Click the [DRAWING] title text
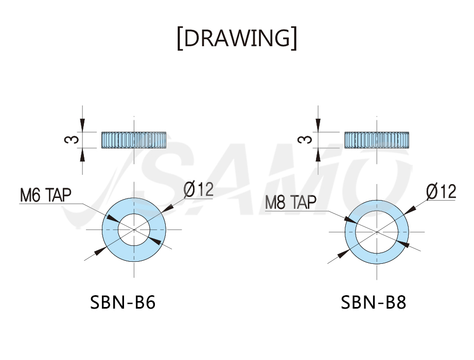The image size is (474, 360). coord(237,38)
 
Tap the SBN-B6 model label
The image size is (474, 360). coord(122,302)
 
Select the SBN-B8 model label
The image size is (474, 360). coord(373,302)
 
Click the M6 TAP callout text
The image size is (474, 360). coord(46,195)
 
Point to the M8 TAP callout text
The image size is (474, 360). coord(291,202)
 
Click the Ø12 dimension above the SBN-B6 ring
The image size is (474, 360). coord(198,190)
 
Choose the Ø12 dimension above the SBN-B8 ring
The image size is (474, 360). coord(441,191)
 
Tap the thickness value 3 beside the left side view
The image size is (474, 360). coord(72,139)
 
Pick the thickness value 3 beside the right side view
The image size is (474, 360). coord(305,139)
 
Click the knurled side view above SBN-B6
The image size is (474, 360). coord(134,140)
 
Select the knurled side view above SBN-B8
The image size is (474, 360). coord(377,140)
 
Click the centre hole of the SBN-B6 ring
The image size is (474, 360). coord(134,230)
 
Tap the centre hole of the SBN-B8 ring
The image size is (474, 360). coord(377,232)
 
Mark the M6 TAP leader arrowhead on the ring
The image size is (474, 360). coord(113,219)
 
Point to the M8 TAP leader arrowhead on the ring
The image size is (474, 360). coord(350,220)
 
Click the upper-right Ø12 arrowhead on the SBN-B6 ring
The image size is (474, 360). coord(167,208)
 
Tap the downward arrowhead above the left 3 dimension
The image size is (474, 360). coord(82,125)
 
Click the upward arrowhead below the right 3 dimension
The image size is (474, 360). coord(318,155)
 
